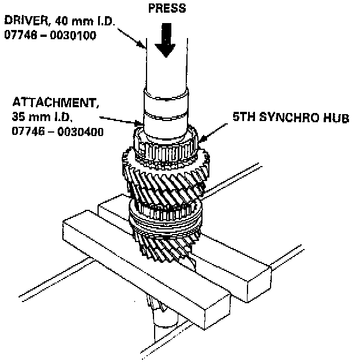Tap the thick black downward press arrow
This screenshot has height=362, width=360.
(167, 42)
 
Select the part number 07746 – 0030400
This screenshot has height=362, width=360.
(57, 131)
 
